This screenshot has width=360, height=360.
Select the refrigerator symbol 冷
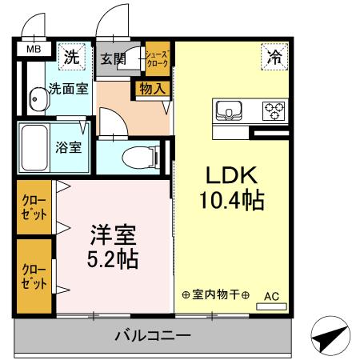coord(274,57)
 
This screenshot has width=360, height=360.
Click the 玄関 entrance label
coord(113,58)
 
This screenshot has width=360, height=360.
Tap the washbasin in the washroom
coord(38,102)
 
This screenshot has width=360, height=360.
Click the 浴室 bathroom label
coord(68,148)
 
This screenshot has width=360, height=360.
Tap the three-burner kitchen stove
coord(274,110)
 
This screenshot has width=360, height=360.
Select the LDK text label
coord(231,175)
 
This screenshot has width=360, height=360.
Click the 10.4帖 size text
coord(231,201)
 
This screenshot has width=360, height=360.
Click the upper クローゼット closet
coord(34,207)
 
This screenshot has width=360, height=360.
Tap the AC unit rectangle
coord(270,306)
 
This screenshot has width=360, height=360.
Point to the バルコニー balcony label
coord(151,336)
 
